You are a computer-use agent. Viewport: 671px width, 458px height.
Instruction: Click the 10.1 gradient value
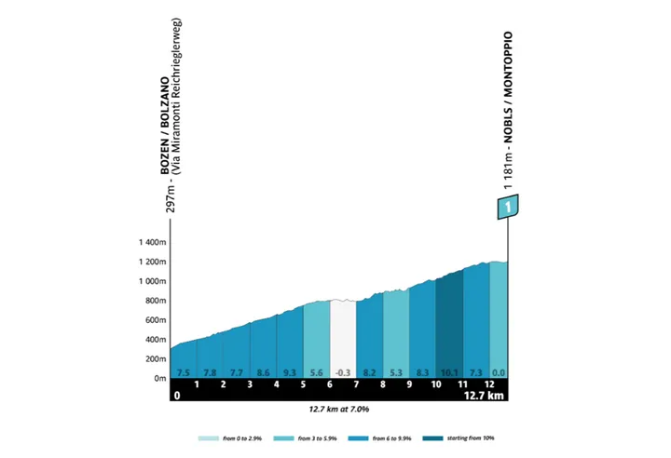click(x=449, y=371)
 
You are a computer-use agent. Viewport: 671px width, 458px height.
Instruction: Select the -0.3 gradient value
click(x=343, y=371)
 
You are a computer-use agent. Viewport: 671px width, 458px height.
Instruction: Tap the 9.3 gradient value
click(x=290, y=371)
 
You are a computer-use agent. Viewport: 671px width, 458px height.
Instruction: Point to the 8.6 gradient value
click(x=263, y=371)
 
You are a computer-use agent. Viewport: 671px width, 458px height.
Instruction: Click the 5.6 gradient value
click(x=317, y=371)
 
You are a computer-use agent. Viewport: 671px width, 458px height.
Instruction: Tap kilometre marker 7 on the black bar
click(x=356, y=384)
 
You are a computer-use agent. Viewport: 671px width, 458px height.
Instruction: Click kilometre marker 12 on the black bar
click(x=488, y=384)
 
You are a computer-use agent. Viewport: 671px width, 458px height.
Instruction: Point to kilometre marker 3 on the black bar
click(x=250, y=384)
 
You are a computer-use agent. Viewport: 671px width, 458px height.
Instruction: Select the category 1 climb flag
click(x=508, y=207)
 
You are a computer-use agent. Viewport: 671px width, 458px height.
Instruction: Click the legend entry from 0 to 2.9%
click(x=228, y=438)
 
